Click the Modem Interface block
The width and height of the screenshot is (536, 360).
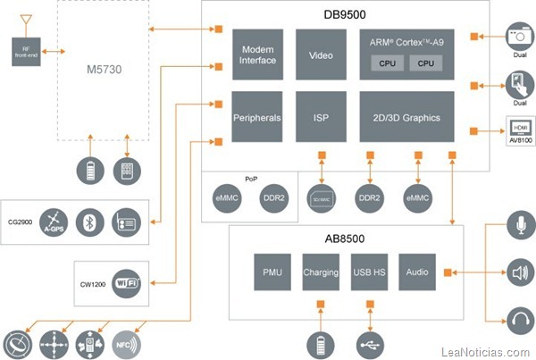click(x=258, y=55)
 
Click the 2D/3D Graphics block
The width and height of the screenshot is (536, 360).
click(x=406, y=117)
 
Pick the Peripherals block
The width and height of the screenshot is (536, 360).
click(x=258, y=117)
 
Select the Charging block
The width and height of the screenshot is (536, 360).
click(x=320, y=271)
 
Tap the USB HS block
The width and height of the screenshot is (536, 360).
click(x=368, y=271)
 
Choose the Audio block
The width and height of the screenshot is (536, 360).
click(x=416, y=271)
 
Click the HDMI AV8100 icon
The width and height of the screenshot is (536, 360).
click(x=519, y=130)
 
